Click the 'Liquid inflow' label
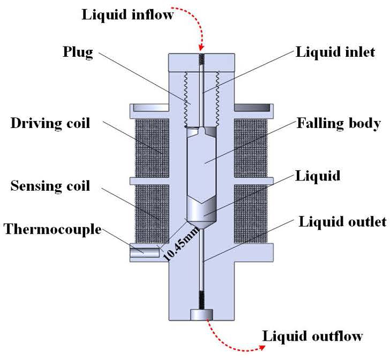tap(127, 14)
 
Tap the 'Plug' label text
tap(78, 52)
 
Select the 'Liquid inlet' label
tap(335, 52)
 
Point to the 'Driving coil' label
tap(50, 123)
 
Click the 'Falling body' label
tap(339, 123)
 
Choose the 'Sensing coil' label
tap(50, 186)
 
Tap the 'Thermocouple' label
tap(52, 229)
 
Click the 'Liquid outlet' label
tap(342, 221)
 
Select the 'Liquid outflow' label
tap(313, 336)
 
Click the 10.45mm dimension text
tap(181, 244)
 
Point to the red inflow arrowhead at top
tap(202, 47)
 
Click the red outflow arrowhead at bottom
tap(262, 347)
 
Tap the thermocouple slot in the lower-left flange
tap(145, 252)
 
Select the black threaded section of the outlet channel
tap(202, 300)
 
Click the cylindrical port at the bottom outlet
tap(201, 314)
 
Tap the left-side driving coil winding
tap(152, 148)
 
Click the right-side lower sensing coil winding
tap(251, 214)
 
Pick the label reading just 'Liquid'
tap(318, 176)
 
